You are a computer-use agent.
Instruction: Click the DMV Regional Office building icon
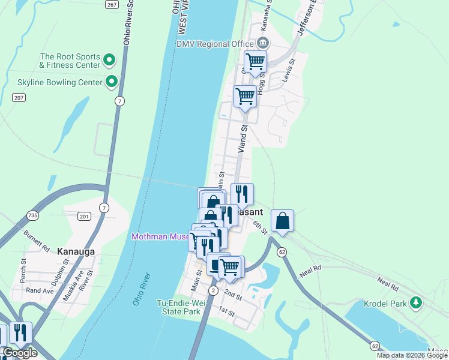point(262,43)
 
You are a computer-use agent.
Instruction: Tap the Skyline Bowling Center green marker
point(111,81)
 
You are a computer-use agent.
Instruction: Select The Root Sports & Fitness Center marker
point(109,59)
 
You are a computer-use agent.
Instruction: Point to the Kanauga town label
point(76,251)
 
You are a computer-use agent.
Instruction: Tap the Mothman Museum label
point(160,236)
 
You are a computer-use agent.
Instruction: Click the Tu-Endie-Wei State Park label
point(178,307)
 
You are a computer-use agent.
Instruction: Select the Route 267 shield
point(110,4)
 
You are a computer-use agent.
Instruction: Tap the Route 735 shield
point(32,215)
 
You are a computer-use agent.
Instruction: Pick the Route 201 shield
point(83,216)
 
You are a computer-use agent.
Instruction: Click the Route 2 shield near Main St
point(212,290)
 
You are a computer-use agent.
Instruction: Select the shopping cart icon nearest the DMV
point(256,61)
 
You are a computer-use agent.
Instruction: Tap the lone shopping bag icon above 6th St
point(282,221)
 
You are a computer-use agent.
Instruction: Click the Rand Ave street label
point(40,291)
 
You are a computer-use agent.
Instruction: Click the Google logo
point(19,353)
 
